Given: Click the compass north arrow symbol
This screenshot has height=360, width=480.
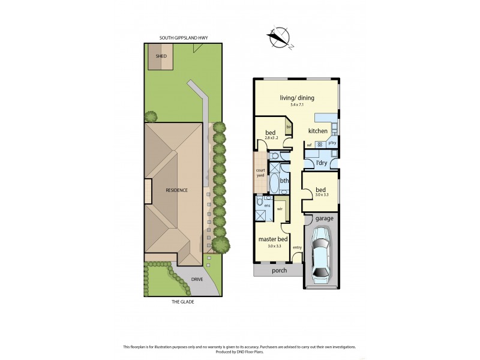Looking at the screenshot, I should tap(280, 38).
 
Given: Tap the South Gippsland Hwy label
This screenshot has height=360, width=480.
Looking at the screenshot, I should tap(184, 38).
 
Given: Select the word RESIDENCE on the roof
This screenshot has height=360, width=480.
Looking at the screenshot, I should tap(177, 190).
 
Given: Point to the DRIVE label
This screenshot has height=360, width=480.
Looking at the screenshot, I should tap(197, 280).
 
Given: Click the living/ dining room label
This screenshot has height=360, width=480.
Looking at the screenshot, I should tap(297, 98).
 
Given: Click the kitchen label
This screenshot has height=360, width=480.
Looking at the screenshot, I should tap(318, 131).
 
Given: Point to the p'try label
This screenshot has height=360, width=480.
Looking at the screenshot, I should tap(332, 143).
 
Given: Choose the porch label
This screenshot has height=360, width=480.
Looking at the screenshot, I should tap(279, 271).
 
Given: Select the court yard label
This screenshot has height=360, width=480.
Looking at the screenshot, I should tap(260, 172).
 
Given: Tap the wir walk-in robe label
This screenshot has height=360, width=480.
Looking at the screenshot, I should tap(280, 209).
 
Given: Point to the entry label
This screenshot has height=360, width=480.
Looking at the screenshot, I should tap(297, 247).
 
